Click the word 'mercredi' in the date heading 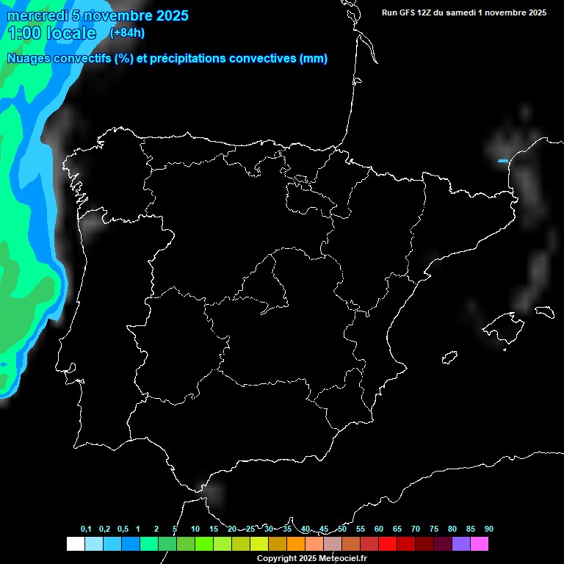click(35, 15)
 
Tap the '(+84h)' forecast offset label click(127, 32)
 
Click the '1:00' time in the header click(24, 33)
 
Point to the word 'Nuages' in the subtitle click(29, 59)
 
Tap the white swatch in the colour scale click(75, 544)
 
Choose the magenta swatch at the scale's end click(480, 544)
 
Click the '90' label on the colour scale click(489, 529)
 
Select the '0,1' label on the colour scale click(86, 529)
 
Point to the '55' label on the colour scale click(361, 529)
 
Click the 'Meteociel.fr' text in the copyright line click(341, 559)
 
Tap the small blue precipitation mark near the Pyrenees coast click(503, 161)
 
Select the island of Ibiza click(450, 358)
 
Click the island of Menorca click(544, 311)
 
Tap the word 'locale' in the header click(70, 33)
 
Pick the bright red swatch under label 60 click(388, 544)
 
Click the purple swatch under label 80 click(461, 544)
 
